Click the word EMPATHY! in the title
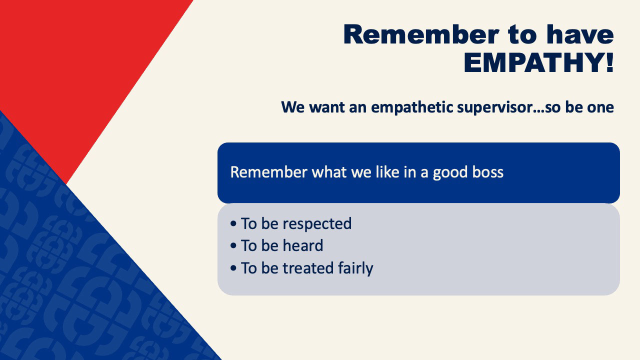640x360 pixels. click(x=539, y=63)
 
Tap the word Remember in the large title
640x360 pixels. click(x=421, y=34)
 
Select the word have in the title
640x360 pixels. click(x=580, y=34)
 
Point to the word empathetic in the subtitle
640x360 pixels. click(x=412, y=107)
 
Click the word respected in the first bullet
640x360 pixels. click(x=317, y=224)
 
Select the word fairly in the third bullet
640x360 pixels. click(x=355, y=268)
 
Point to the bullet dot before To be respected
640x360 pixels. click(x=233, y=223)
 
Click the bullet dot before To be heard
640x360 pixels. click(x=233, y=245)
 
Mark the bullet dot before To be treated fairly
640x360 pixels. click(x=233, y=268)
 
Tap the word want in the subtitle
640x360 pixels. click(x=327, y=107)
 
